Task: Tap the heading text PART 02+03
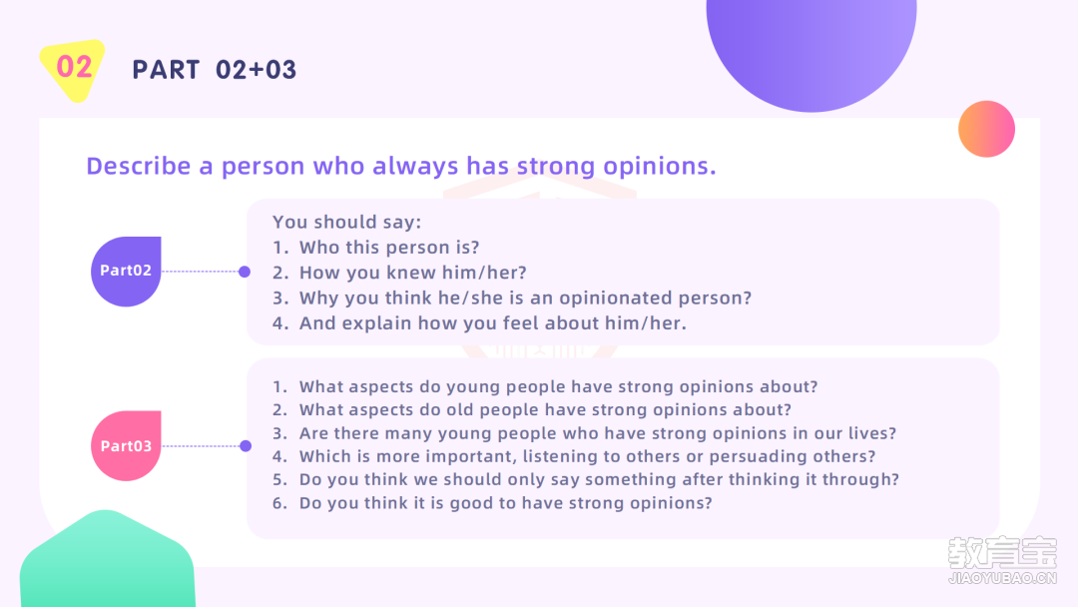pos(215,70)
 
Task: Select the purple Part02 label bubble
pos(126,271)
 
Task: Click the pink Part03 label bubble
pos(126,445)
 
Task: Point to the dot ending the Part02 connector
pos(245,272)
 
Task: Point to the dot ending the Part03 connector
pos(246,446)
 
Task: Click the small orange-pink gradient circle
pos(986,129)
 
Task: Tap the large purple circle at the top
pos(811,48)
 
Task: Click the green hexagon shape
pos(107,560)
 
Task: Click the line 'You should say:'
pos(347,222)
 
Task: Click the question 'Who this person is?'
pos(389,248)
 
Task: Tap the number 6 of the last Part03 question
pos(277,503)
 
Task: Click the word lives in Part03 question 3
pos(869,433)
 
